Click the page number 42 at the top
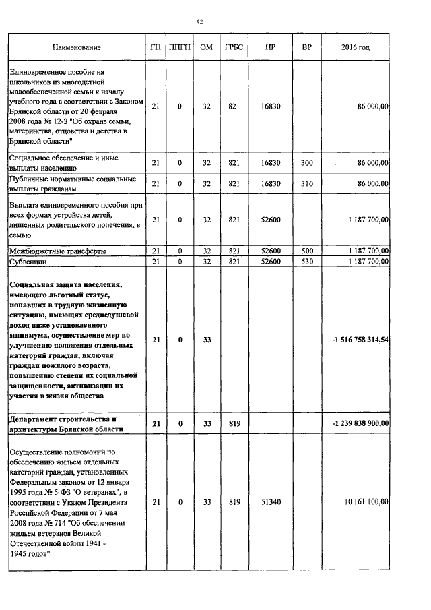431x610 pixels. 200,22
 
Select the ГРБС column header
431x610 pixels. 234,47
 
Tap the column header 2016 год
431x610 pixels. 356,47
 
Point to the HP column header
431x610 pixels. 270,47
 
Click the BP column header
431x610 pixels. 307,47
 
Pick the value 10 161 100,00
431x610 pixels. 364,502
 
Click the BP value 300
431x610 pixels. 307,163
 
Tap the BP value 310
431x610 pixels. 307,183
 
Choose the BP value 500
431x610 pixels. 307,251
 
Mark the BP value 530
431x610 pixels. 307,261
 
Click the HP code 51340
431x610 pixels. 270,502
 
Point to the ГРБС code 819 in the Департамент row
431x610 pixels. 234,423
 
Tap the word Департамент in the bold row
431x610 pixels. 35,419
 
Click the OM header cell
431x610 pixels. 207,47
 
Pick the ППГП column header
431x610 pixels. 180,47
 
